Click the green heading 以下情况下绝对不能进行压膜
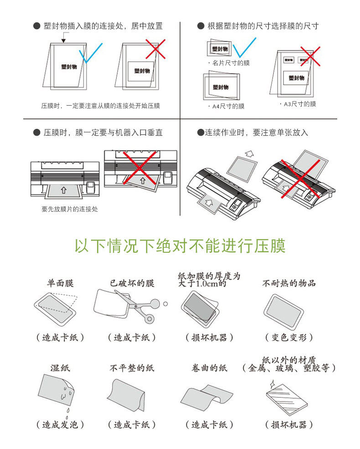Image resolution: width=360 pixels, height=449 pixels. click(x=180, y=246)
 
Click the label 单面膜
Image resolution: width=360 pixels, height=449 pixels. click(x=60, y=283)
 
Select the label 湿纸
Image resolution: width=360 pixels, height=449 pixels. click(x=60, y=368)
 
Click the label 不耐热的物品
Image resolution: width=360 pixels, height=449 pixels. click(x=289, y=283)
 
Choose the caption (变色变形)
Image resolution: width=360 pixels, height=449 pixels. click(x=289, y=337)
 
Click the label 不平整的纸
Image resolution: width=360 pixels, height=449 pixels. click(x=132, y=368)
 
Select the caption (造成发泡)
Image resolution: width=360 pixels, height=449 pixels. click(x=60, y=425)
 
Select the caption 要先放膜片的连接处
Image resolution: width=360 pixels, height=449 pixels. click(x=69, y=209)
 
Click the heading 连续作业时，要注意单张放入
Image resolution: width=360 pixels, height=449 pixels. click(x=252, y=133)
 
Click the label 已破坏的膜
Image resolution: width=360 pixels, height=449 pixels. click(x=132, y=283)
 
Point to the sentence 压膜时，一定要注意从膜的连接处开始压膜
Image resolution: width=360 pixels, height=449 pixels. click(x=100, y=106)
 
